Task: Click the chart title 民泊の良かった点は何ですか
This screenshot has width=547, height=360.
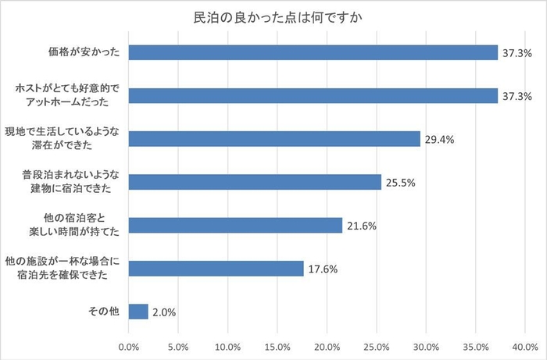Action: [273, 17]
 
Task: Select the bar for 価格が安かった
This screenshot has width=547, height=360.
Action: [313, 52]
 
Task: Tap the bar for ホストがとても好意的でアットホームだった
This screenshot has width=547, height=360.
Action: [313, 95]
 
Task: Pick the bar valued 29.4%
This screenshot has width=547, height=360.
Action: [273, 139]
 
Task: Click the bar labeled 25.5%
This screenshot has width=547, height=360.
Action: [254, 182]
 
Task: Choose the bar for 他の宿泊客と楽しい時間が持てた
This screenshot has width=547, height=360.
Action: [234, 225]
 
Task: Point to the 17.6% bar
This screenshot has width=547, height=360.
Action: [215, 268]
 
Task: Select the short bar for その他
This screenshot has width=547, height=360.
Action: [138, 312]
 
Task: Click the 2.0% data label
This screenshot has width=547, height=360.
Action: [163, 312]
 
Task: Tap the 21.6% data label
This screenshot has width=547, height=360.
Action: [362, 226]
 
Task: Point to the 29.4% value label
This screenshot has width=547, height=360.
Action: [440, 140]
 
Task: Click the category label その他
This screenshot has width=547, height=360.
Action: [104, 312]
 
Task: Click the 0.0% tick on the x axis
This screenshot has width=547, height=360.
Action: [128, 346]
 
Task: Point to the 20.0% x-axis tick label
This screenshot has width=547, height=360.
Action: [327, 346]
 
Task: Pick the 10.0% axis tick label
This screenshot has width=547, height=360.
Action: [227, 346]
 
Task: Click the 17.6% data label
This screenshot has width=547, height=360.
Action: [323, 269]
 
